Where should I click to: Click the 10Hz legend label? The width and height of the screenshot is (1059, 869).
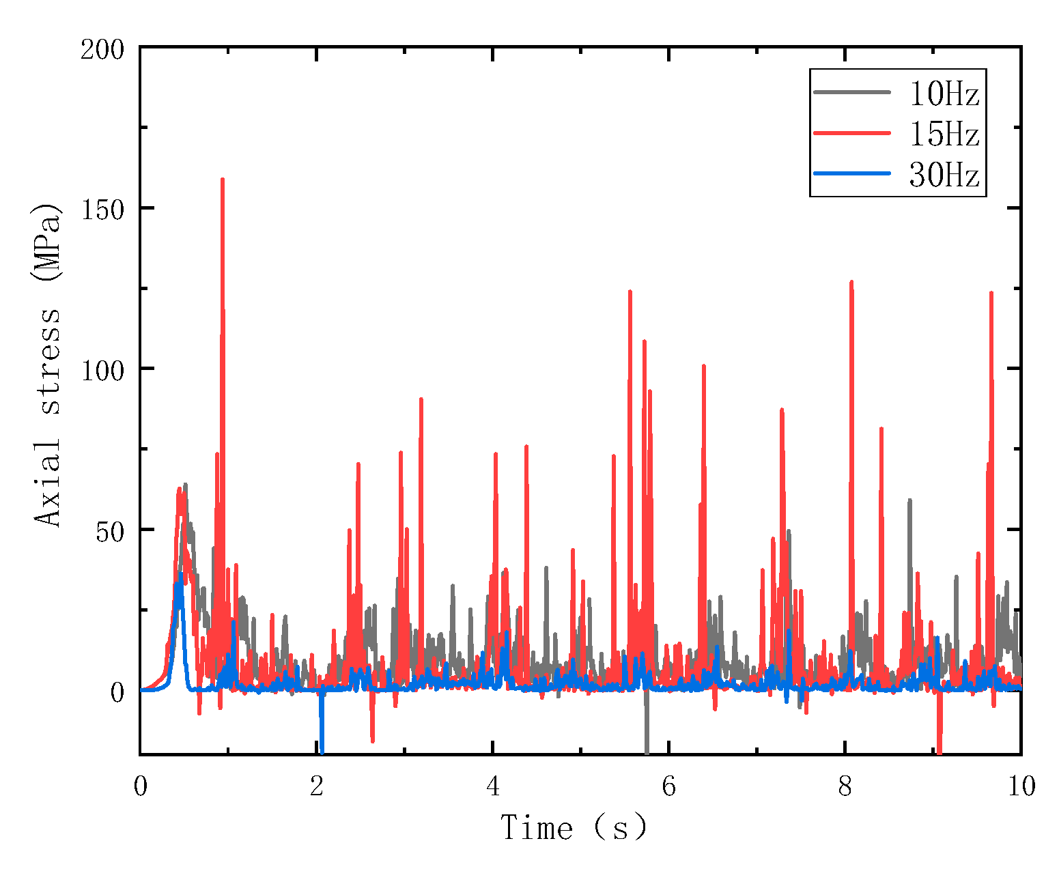pos(944,94)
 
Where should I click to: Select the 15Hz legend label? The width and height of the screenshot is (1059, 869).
pos(944,134)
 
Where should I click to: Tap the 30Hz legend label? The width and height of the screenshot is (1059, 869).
pos(944,175)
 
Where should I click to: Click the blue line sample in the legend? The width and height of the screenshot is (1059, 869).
pos(852,173)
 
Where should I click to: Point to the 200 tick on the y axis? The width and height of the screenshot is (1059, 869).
pos(102,49)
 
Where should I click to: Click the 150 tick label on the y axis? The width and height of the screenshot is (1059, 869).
pos(102,208)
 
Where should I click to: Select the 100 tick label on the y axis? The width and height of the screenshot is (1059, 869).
pos(102,369)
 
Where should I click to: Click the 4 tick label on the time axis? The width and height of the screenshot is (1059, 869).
pos(492,787)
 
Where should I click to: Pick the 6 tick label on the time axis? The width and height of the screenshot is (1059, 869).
pos(668,787)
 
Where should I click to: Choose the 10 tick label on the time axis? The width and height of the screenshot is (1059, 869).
pos(1021,787)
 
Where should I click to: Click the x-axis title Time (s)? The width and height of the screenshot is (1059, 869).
pos(574,828)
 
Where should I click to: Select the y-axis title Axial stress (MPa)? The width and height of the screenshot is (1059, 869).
pos(48,365)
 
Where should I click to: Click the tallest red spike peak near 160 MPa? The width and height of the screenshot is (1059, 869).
pos(223,180)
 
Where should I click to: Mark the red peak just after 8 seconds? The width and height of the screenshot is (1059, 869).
pos(851,283)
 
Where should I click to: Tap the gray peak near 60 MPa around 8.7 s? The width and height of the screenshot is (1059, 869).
pos(909,501)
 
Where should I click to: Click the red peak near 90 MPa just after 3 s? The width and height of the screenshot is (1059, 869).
pos(421,399)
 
